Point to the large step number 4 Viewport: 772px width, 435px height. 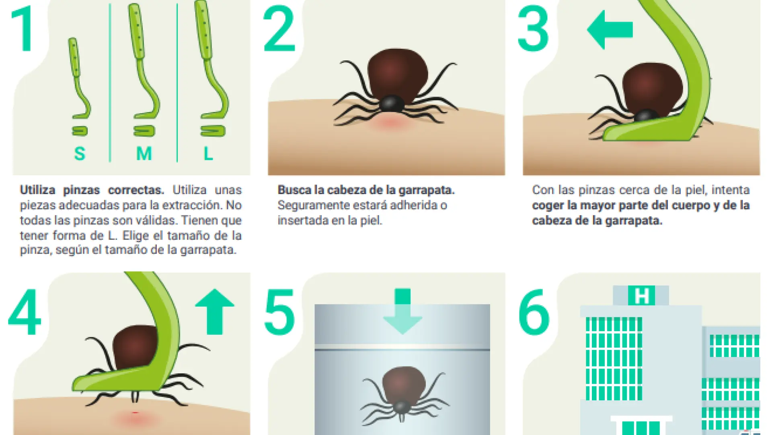coord(25,312)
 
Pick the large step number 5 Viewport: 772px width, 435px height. coord(279,312)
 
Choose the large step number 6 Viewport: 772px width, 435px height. coord(534,312)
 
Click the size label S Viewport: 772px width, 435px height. coord(80,153)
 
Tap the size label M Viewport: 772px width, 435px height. coord(144,153)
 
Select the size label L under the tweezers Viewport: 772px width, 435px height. coord(208,153)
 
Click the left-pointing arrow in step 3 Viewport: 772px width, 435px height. coord(610,29)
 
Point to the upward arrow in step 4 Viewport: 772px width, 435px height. coord(215,311)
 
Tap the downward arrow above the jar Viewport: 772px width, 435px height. coord(402,311)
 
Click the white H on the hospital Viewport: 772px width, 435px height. coord(642,296)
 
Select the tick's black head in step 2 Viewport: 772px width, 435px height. coord(392,104)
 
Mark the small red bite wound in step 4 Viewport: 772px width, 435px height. coord(135,413)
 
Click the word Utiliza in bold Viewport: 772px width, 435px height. coord(37,190)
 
